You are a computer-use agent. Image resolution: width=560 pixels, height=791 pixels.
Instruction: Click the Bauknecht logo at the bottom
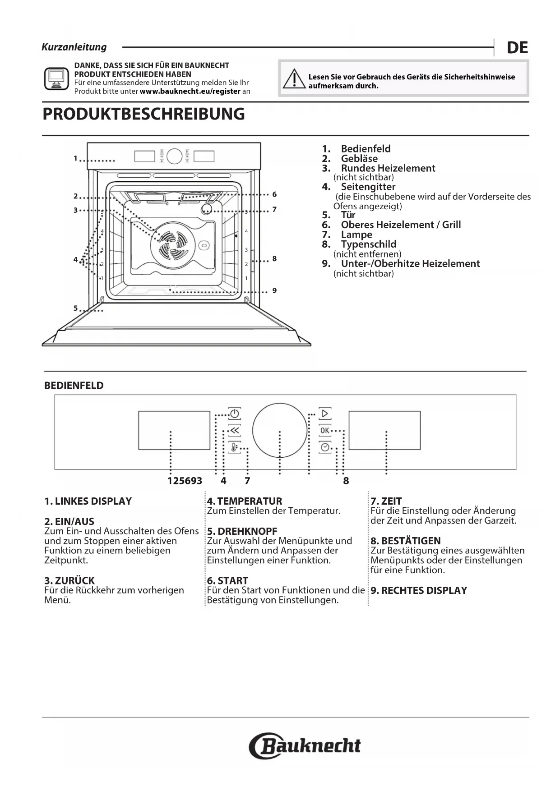(x=305, y=746)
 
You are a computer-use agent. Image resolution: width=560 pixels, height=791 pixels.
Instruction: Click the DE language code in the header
(x=517, y=47)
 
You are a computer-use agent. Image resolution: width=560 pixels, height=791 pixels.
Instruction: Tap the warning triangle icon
(x=294, y=79)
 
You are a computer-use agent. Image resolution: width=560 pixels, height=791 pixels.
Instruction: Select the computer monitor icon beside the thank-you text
(x=56, y=79)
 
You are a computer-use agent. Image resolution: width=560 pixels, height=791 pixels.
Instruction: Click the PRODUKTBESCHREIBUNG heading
(x=143, y=114)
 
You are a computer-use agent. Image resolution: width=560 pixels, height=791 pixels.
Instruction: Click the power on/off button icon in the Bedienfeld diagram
(x=234, y=413)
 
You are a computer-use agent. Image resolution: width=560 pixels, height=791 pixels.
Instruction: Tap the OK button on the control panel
(x=325, y=430)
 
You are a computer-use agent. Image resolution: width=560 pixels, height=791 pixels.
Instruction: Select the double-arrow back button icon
(x=234, y=430)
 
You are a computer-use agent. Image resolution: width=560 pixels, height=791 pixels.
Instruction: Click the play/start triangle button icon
(x=325, y=413)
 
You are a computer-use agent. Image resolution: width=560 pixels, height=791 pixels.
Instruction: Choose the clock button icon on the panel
(x=325, y=447)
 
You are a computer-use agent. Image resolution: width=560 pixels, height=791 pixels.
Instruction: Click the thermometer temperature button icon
(x=234, y=447)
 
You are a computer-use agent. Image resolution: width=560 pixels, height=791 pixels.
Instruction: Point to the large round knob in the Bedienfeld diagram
(x=280, y=430)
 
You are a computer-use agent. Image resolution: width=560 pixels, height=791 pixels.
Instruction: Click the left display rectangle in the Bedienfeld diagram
(x=174, y=430)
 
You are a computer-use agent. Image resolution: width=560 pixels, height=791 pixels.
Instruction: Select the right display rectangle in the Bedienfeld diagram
(x=384, y=430)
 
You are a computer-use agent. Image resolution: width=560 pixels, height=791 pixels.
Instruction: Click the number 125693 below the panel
(x=185, y=481)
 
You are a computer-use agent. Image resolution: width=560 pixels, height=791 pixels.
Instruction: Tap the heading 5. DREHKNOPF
(x=242, y=531)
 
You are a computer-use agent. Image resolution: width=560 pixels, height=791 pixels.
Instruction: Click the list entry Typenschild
(x=368, y=244)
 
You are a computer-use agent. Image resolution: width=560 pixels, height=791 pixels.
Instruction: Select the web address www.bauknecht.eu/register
(x=190, y=91)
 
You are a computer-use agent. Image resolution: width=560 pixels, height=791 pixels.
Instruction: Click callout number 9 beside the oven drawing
(x=274, y=290)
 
